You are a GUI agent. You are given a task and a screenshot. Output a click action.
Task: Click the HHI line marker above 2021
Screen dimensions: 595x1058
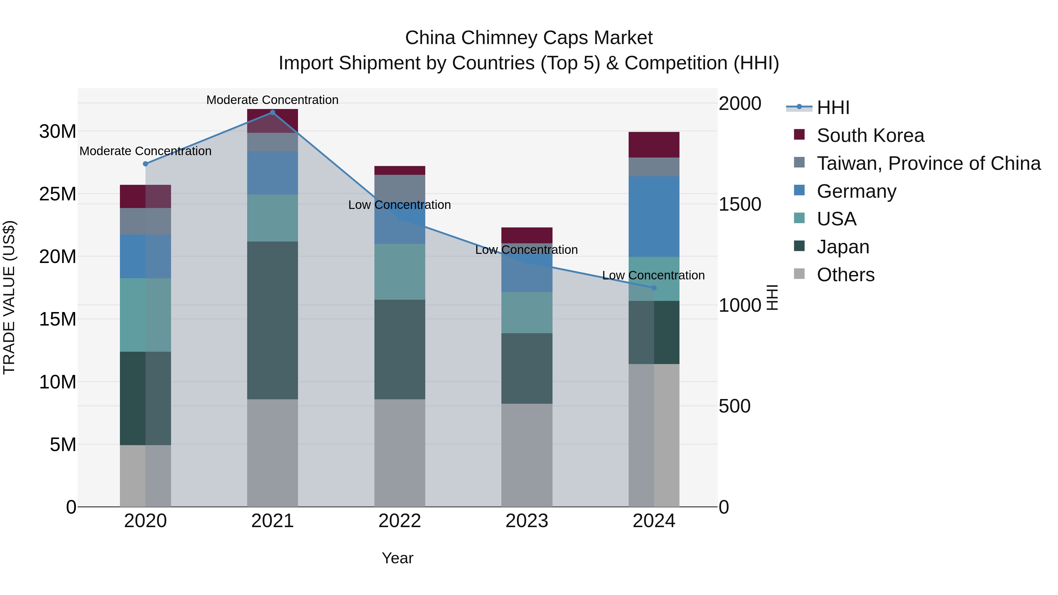pos(272,113)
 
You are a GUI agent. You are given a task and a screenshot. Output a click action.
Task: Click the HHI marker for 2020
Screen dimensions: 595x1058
pos(145,164)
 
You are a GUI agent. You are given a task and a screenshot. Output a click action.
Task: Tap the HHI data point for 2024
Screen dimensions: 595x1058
pos(654,288)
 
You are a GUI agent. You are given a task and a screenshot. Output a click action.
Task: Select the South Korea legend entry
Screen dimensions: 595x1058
pos(870,135)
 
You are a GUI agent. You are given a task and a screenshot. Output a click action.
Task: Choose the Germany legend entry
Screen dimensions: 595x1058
pos(856,191)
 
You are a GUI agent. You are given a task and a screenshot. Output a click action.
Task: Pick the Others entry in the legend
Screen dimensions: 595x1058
pos(845,275)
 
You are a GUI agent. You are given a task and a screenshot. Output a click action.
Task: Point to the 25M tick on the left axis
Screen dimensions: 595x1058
pos(58,194)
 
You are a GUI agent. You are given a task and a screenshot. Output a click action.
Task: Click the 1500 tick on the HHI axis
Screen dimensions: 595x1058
pos(740,205)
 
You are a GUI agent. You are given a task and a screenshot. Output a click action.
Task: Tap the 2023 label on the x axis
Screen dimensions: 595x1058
pos(527,521)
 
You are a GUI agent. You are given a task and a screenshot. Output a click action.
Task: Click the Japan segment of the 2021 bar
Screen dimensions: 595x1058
pos(272,320)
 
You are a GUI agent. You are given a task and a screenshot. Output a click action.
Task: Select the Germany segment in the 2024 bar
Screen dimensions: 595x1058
pos(654,216)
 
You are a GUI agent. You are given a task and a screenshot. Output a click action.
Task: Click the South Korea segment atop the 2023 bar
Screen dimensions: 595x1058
pos(527,235)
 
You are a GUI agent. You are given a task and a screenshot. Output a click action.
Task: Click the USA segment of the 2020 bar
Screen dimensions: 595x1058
pos(145,315)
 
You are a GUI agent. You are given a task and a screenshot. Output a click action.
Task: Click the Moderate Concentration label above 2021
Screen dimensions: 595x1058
pos(272,100)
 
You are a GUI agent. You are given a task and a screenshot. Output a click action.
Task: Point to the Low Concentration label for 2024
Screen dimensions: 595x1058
pos(653,275)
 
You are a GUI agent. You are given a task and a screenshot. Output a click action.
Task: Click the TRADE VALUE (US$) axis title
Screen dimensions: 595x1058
pos(9,297)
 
